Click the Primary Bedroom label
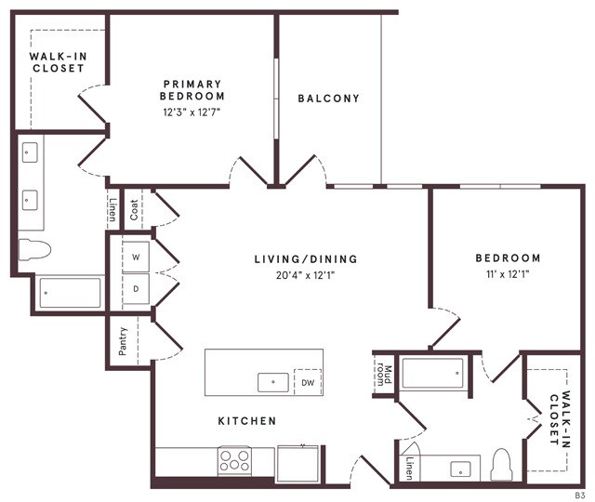[192, 89]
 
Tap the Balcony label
[328, 99]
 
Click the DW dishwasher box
[307, 381]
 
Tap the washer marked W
[136, 257]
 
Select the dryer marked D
[136, 289]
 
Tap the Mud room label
[381, 377]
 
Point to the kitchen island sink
[271, 379]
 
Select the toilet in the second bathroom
[501, 464]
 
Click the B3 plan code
[578, 496]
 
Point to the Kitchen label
[247, 421]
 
